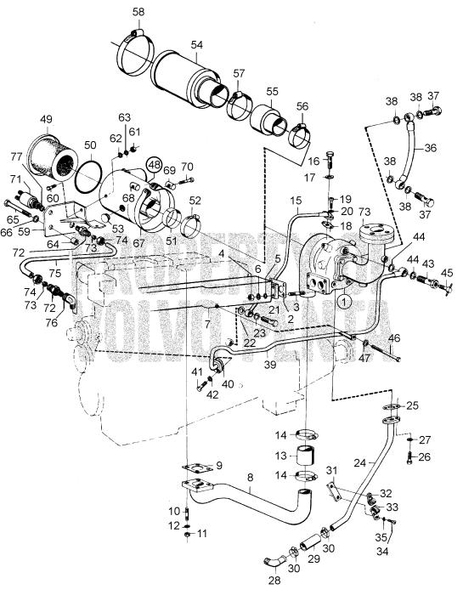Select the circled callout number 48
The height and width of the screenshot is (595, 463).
pyautogui.click(x=154, y=163)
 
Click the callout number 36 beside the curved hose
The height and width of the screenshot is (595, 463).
pyautogui.click(x=432, y=146)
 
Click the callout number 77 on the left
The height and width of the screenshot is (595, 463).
pyautogui.click(x=15, y=156)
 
